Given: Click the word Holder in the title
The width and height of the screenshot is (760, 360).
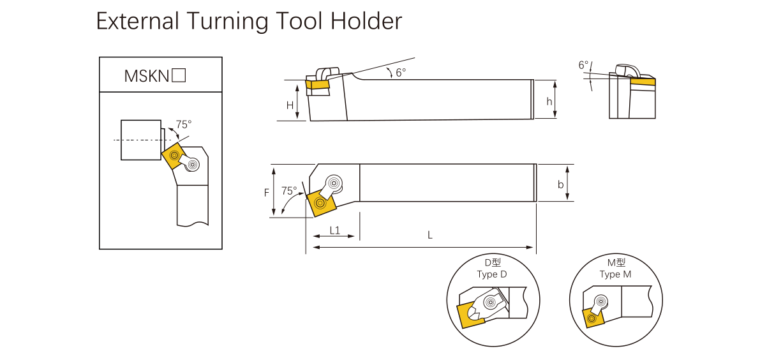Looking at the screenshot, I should pos(366,22).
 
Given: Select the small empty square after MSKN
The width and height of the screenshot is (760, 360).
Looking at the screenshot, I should pos(179,75).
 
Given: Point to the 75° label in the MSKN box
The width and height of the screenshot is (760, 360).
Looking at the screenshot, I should pos(184,124).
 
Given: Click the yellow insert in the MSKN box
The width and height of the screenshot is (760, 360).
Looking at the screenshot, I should pos(173,155).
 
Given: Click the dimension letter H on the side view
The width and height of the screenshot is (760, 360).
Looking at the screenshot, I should pos(290,105).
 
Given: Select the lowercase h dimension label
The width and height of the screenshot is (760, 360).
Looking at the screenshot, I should pos(549,102).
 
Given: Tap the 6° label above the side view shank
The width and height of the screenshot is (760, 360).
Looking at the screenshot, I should pos(400,73).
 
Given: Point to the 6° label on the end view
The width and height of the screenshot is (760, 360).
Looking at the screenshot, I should pos(583,65).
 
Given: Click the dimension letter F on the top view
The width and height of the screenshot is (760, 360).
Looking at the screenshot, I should pos(267,192).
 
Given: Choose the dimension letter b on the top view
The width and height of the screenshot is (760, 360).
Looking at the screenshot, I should pos(560,184).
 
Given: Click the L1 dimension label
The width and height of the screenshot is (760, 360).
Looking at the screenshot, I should pos(334,229).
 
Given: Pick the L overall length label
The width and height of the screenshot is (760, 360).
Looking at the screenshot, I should pos(430,235).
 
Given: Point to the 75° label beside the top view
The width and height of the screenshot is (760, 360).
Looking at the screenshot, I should pos(289,191).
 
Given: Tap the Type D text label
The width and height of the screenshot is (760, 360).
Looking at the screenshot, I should pos(491,274).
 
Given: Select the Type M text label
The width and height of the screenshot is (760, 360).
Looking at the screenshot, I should pos(615,274).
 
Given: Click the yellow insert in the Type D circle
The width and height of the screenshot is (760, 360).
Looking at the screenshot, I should pos(470,315).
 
